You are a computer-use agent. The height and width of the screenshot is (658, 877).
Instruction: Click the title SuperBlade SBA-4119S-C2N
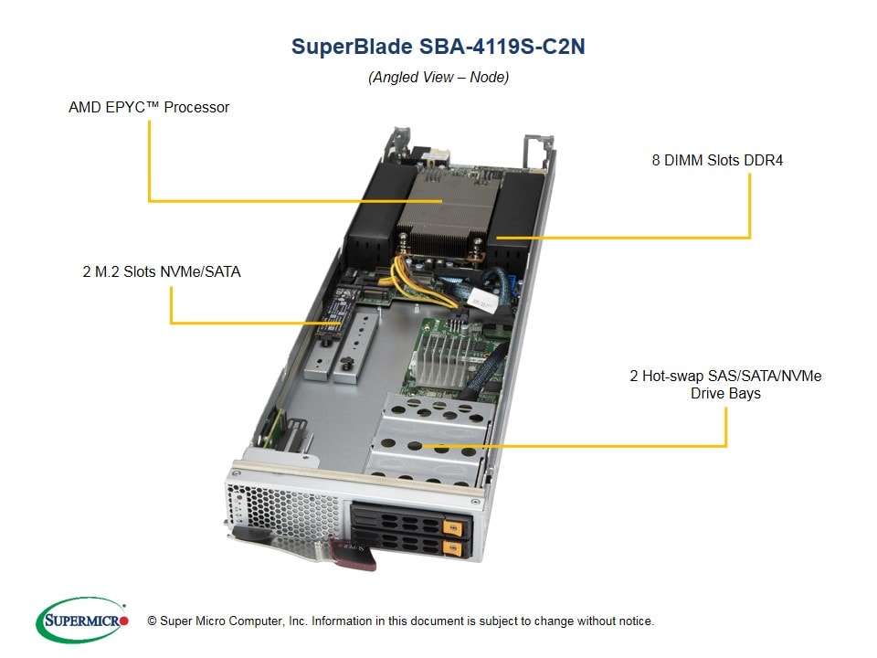(x=438, y=47)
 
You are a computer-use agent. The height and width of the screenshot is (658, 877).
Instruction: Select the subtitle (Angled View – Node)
(x=438, y=77)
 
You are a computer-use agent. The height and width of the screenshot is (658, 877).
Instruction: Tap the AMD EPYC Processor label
(x=149, y=107)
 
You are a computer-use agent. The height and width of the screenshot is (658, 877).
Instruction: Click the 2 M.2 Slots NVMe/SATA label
(x=161, y=271)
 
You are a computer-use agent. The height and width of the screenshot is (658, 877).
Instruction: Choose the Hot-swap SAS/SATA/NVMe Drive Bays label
(x=725, y=385)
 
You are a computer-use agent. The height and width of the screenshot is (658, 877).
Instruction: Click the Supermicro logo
(x=81, y=621)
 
